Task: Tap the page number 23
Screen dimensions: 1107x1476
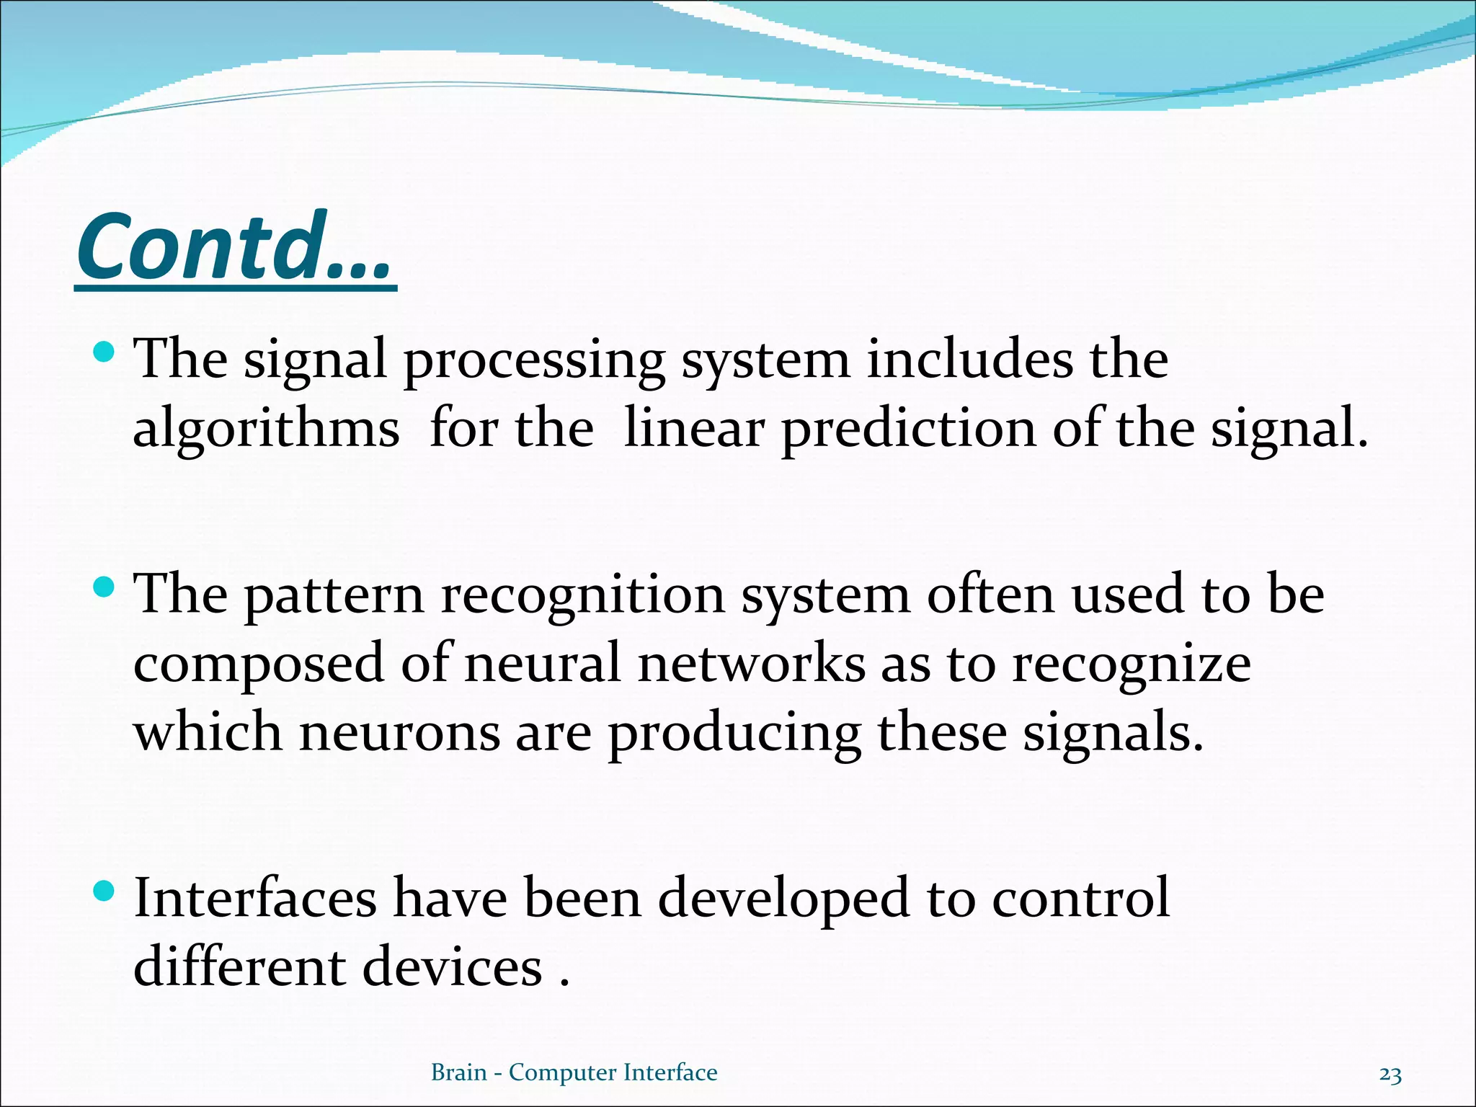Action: coord(1390,1075)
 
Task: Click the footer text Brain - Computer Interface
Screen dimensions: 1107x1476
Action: coord(574,1072)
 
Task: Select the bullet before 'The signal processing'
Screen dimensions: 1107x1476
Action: coord(105,352)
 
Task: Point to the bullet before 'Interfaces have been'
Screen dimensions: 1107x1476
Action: coord(105,892)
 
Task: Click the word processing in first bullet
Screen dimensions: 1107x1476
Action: coord(533,360)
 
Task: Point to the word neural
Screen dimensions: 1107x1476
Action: coord(542,664)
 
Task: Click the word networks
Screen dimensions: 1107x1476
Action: coord(751,664)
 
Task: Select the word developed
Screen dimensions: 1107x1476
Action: coord(783,899)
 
